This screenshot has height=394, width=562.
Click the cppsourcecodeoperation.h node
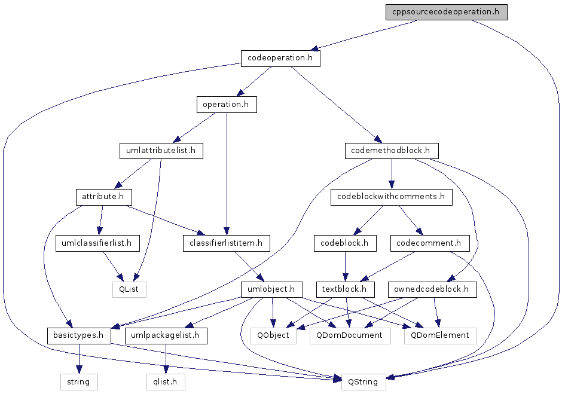coord(446,12)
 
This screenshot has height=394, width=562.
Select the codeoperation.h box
coord(280,58)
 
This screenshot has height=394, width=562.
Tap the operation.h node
coord(227,105)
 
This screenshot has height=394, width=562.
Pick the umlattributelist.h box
coord(161,151)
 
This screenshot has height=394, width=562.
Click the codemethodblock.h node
coord(392,151)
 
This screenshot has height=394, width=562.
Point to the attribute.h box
coord(104,197)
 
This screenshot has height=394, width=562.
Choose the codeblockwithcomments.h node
coord(392,197)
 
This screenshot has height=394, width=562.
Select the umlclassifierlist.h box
coord(97,243)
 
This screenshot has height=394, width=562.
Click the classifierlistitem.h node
coord(227,243)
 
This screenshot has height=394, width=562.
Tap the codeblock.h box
coord(345,243)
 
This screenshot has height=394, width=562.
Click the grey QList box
coord(129,289)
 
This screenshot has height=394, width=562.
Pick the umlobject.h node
coord(271,289)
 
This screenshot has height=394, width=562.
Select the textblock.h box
coord(345,289)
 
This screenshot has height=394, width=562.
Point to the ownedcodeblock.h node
coord(432,289)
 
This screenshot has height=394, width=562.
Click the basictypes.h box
coord(79,335)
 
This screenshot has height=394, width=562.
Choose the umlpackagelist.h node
coord(166,335)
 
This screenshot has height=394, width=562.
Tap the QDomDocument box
coord(350,335)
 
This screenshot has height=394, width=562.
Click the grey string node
coord(79,382)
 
